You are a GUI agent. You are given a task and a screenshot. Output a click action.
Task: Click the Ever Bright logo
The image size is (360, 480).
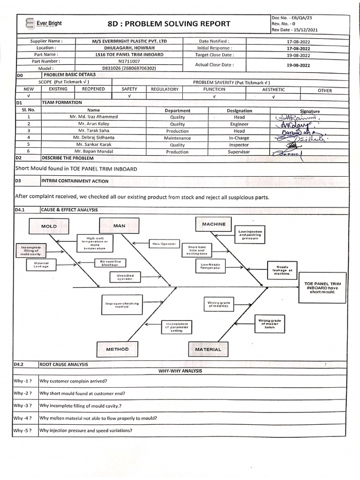[44, 24]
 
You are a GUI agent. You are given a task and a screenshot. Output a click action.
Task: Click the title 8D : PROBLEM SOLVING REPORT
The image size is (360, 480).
[169, 24]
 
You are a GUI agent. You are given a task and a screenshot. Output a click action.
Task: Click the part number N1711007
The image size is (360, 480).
[129, 61]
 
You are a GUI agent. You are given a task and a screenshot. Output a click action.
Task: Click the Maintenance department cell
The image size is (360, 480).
[177, 138]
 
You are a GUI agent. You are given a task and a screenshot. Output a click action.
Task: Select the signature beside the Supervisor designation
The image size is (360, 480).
[287, 152]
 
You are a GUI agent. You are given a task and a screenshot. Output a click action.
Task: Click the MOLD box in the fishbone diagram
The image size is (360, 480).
[49, 226]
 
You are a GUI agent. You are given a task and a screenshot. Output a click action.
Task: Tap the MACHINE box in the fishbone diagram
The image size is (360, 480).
[214, 224]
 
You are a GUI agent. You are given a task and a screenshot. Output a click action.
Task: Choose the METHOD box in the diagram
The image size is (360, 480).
[117, 349]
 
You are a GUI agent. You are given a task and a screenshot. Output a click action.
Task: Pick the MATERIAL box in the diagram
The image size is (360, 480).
[208, 349]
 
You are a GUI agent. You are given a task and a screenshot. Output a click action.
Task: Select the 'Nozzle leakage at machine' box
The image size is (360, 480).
[283, 270]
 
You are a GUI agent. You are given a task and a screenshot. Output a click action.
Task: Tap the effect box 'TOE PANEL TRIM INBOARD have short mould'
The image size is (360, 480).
[322, 288]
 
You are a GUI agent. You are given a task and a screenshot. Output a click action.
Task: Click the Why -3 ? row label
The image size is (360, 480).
[22, 405]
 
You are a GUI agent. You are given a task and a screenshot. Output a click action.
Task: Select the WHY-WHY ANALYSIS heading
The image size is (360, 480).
[180, 371]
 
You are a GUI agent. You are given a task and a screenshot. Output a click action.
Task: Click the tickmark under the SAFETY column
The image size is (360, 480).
[129, 96]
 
